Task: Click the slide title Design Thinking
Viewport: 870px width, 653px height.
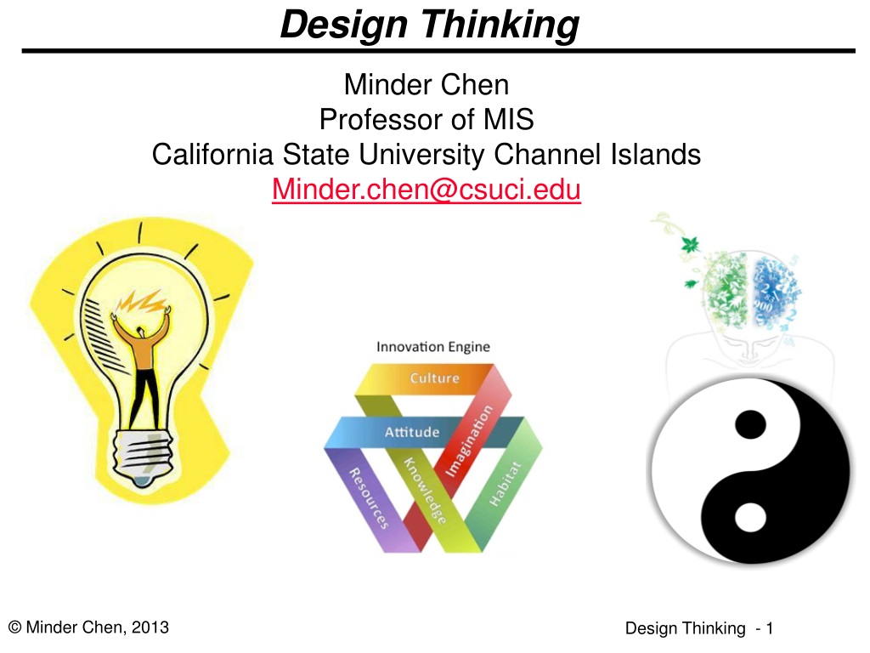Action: point(429,25)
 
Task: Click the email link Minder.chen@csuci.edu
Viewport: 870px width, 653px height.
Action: point(427,190)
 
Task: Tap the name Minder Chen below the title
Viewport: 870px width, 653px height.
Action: point(427,85)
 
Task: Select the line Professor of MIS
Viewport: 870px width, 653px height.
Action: point(427,119)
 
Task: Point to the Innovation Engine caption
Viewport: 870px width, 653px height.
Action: point(432,347)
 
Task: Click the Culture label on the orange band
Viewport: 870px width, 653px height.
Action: point(434,378)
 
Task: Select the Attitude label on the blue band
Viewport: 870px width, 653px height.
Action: point(412,432)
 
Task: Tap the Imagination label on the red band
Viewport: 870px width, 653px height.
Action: point(469,441)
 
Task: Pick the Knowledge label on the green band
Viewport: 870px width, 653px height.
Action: point(425,491)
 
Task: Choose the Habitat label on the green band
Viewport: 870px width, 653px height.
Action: point(505,484)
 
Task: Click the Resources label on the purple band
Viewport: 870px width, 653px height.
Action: point(369,498)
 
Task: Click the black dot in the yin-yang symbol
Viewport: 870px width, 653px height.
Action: point(750,425)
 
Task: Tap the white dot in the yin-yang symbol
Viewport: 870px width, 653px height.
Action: point(750,516)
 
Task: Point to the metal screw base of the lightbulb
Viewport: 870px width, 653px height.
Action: point(143,457)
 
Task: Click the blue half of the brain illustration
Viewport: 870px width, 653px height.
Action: point(775,292)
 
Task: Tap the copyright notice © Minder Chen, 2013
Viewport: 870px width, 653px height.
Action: point(88,627)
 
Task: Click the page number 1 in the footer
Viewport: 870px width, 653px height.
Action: point(769,628)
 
